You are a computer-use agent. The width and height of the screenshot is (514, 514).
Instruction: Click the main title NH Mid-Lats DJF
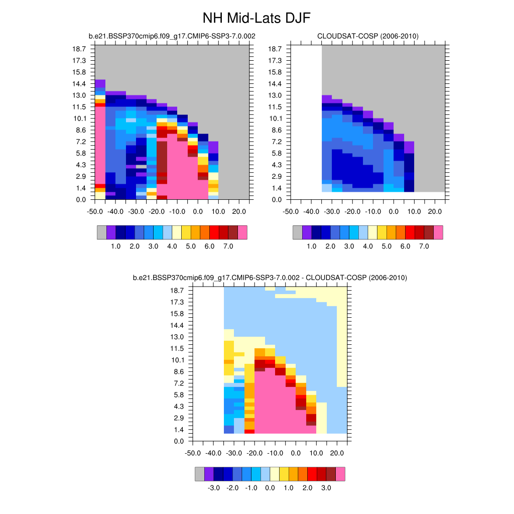click(256, 19)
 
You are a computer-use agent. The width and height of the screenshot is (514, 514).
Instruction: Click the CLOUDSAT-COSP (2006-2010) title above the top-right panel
click(368, 36)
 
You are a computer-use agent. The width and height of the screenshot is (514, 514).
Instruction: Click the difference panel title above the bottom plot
click(270, 278)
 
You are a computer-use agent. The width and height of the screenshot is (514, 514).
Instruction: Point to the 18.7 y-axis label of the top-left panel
click(80, 49)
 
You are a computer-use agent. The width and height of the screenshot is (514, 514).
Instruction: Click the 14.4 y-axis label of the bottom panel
click(177, 325)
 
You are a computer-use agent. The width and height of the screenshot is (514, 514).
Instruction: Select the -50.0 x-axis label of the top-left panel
click(95, 211)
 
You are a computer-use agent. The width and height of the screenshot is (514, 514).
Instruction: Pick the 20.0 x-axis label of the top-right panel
click(435, 211)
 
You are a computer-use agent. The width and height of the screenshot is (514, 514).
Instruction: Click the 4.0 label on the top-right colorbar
click(367, 247)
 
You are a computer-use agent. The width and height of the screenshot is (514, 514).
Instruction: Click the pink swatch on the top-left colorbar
click(242, 232)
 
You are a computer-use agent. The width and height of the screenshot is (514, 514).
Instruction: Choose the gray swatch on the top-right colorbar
click(297, 232)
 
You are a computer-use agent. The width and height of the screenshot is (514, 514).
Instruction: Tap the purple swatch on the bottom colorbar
click(209, 474)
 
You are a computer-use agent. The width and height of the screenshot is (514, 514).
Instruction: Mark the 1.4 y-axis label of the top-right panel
click(277, 188)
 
